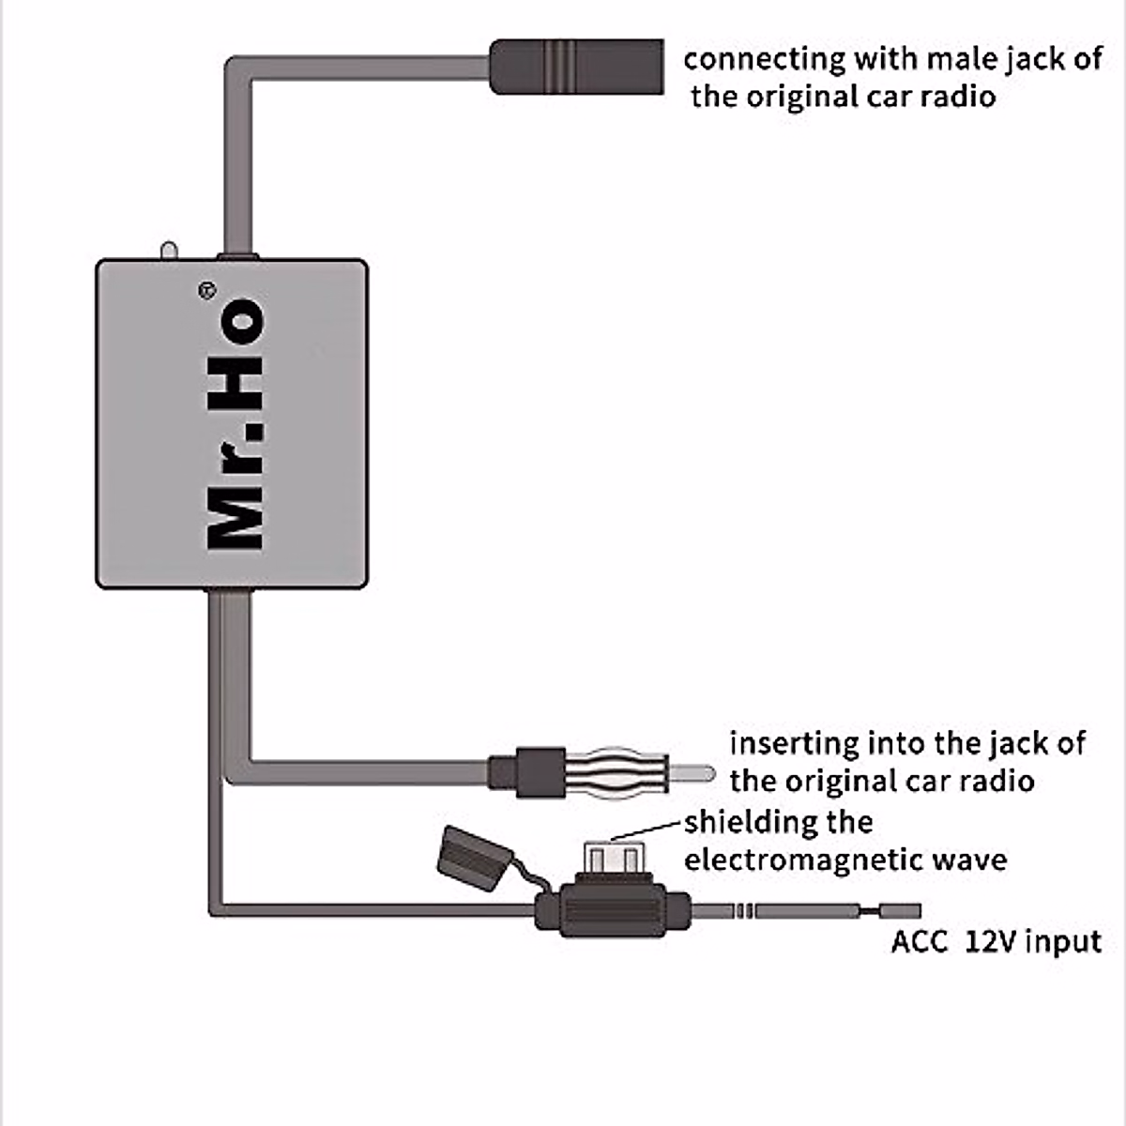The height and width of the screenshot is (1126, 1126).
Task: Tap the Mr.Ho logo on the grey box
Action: click(x=235, y=424)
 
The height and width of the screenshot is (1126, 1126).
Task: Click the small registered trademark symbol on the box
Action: click(x=206, y=291)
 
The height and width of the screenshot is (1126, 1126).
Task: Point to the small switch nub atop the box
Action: click(x=169, y=251)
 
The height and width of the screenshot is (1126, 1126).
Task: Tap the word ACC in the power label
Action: click(x=919, y=941)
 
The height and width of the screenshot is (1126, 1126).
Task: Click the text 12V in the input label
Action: click(x=991, y=941)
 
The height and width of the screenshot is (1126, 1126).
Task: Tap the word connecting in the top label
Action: click(x=764, y=59)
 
